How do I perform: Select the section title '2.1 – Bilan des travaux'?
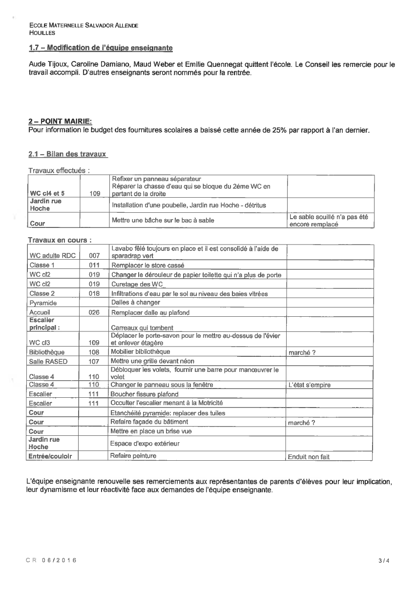click(x=67, y=154)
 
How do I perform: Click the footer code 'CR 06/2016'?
click(x=51, y=560)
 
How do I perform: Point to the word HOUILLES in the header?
click(x=42, y=33)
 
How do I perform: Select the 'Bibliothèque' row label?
click(x=47, y=352)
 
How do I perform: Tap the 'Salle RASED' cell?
click(x=48, y=361)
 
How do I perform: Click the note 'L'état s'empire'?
click(x=310, y=385)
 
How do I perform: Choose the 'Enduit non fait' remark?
click(x=309, y=457)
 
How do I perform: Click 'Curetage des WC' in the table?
click(x=137, y=284)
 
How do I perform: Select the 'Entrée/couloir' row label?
click(x=50, y=456)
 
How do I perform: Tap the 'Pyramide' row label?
click(x=43, y=303)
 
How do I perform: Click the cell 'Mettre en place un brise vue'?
click(x=151, y=431)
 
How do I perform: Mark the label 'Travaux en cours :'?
click(x=61, y=240)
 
